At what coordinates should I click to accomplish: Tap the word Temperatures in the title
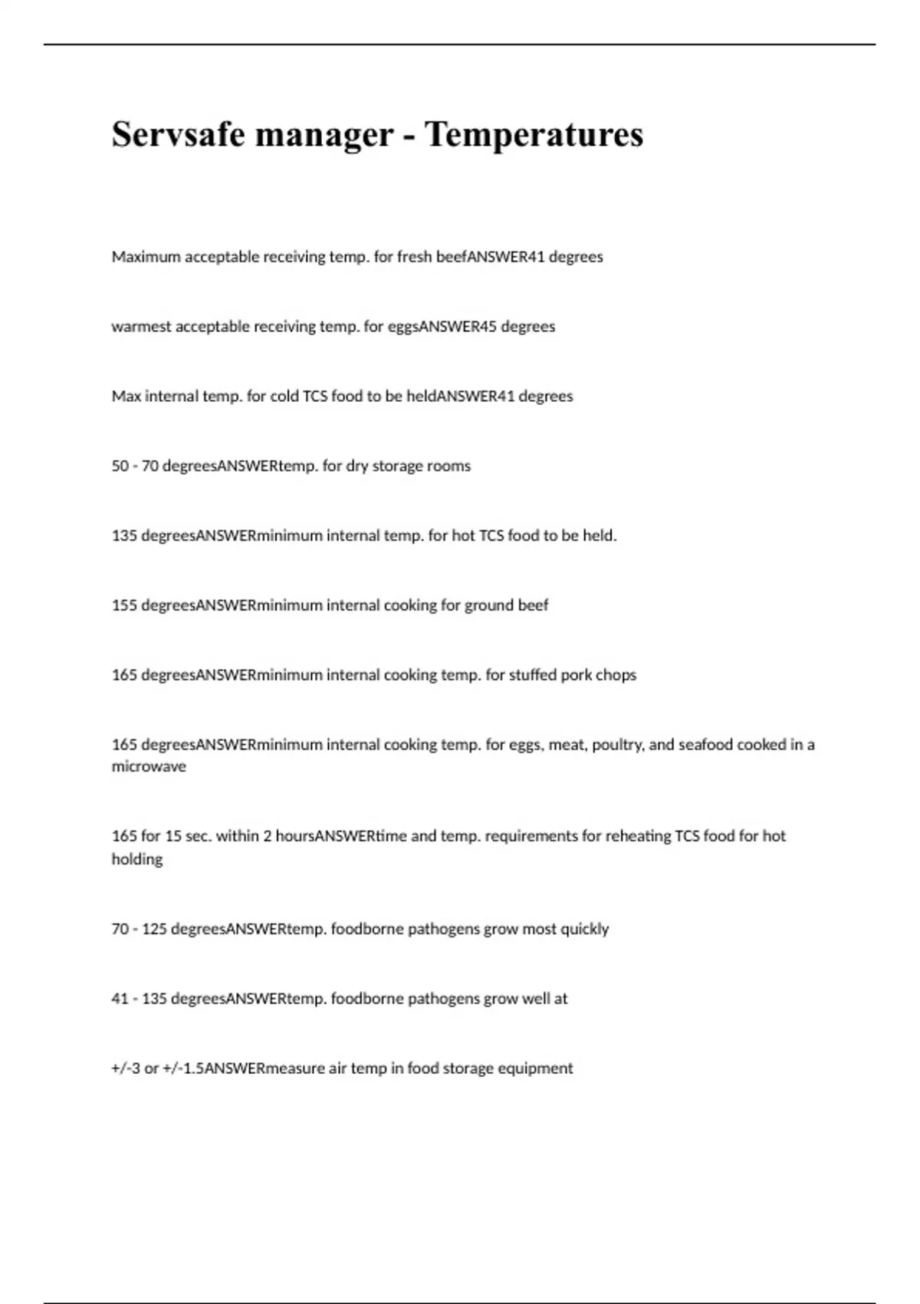[534, 135]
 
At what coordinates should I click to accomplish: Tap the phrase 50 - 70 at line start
[135, 466]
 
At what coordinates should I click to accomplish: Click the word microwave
[149, 766]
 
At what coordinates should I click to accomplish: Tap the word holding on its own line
[137, 859]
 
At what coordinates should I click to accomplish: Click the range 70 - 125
[139, 929]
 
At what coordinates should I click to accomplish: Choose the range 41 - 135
[139, 999]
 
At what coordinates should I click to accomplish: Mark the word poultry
[617, 745]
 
